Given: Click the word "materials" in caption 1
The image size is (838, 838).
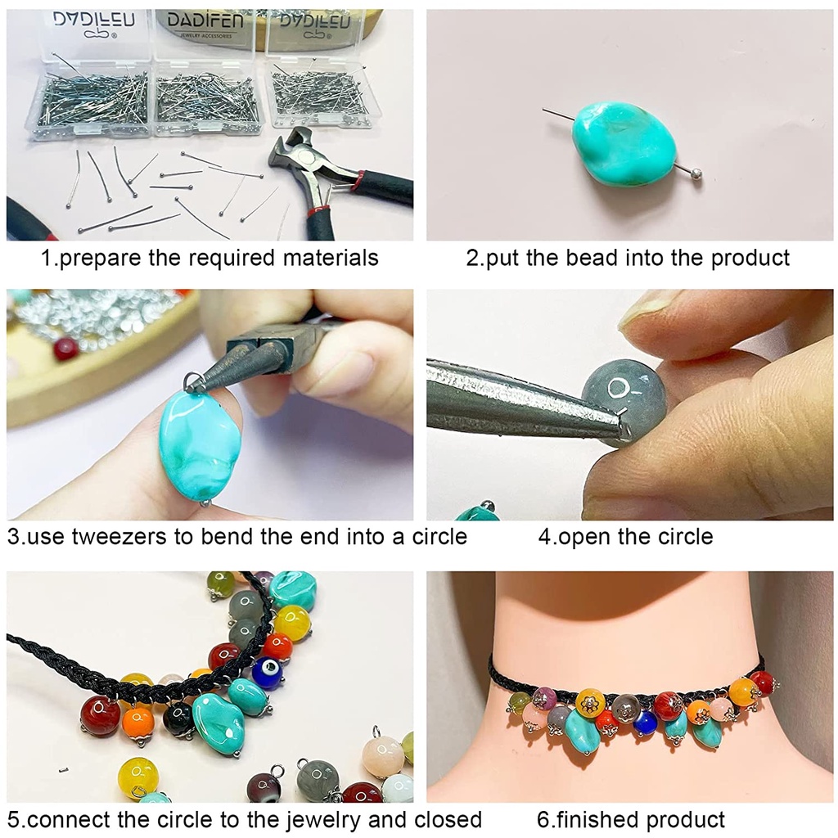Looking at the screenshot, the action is pos(331,258).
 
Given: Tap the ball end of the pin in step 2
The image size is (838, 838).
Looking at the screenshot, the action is pos(696,173).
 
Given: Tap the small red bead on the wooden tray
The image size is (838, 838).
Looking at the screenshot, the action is pos(66,349).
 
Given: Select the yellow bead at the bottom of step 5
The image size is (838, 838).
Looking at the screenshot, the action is pos(137,776).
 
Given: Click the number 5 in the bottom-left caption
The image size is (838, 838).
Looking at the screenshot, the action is pos(13,820).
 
